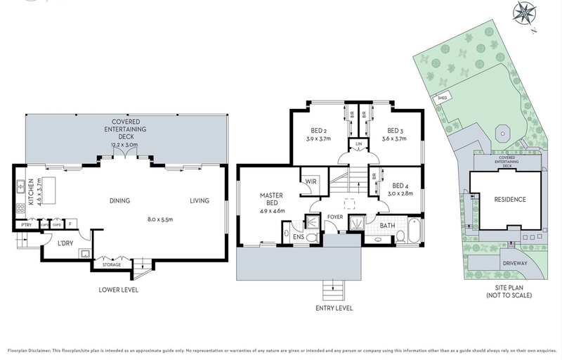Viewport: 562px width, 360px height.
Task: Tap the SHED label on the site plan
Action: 443,98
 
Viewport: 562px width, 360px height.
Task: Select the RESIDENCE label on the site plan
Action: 510,200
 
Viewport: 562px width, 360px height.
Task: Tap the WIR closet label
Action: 310,181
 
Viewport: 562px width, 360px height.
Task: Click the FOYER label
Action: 335,217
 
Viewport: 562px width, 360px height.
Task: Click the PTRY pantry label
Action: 27,225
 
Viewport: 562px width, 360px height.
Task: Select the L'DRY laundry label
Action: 65,243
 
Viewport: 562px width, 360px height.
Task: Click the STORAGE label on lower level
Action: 112,264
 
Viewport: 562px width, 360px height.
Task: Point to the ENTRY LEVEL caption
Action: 334,308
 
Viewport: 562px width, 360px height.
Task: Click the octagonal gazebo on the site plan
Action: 501,134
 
